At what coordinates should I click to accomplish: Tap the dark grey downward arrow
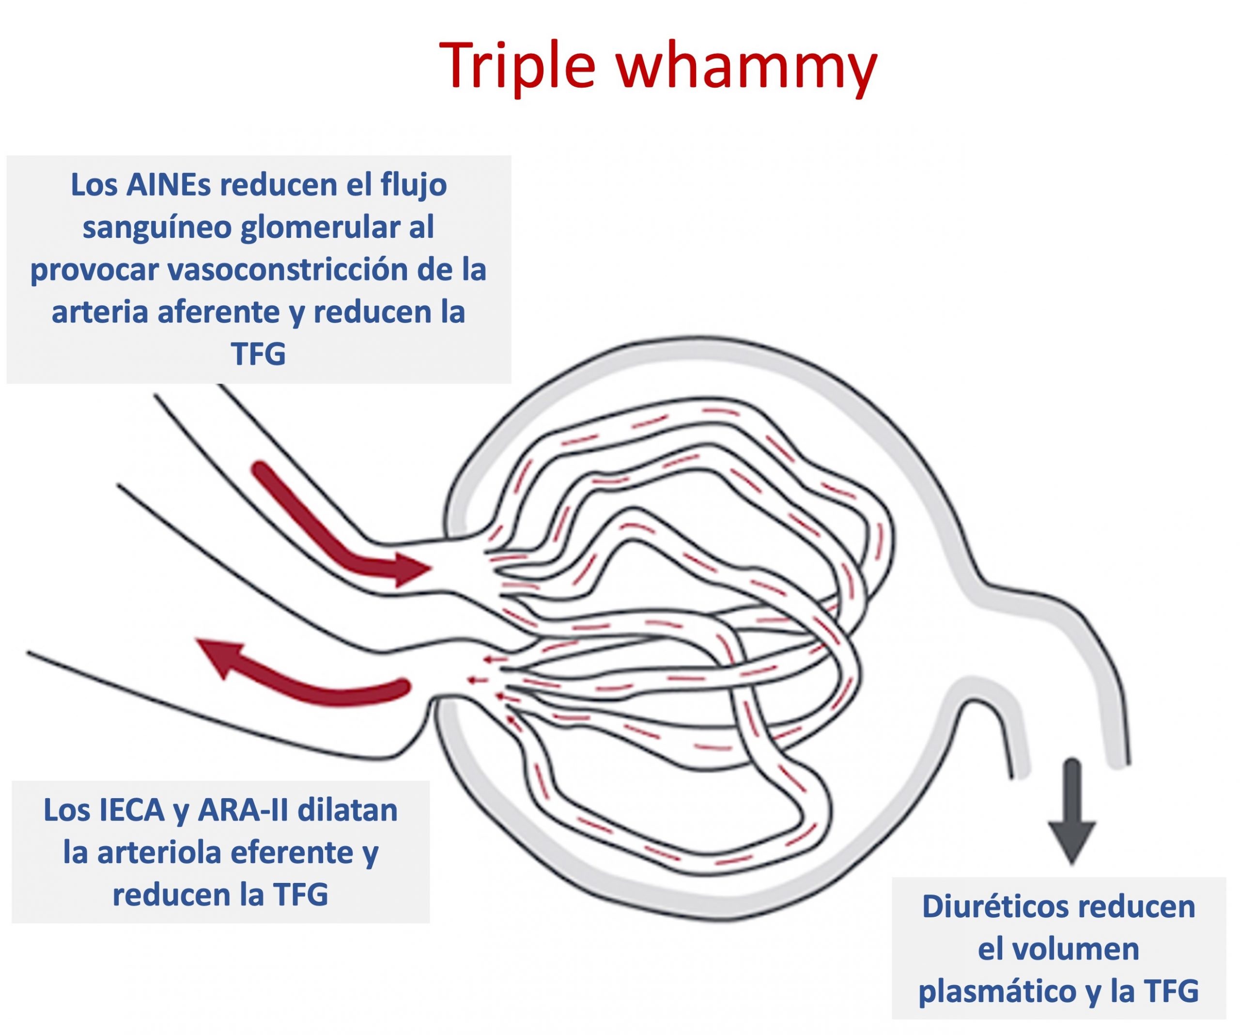1072,811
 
